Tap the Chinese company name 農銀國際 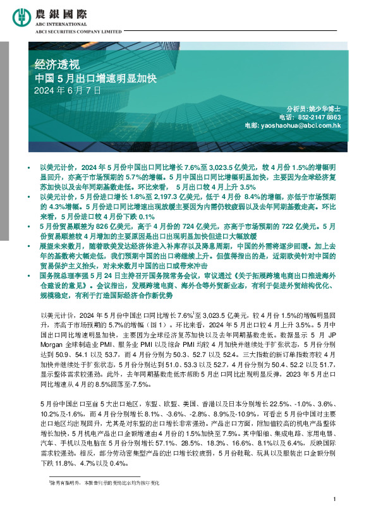75,12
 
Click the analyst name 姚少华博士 327,109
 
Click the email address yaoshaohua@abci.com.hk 301,126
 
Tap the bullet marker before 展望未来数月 30,245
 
